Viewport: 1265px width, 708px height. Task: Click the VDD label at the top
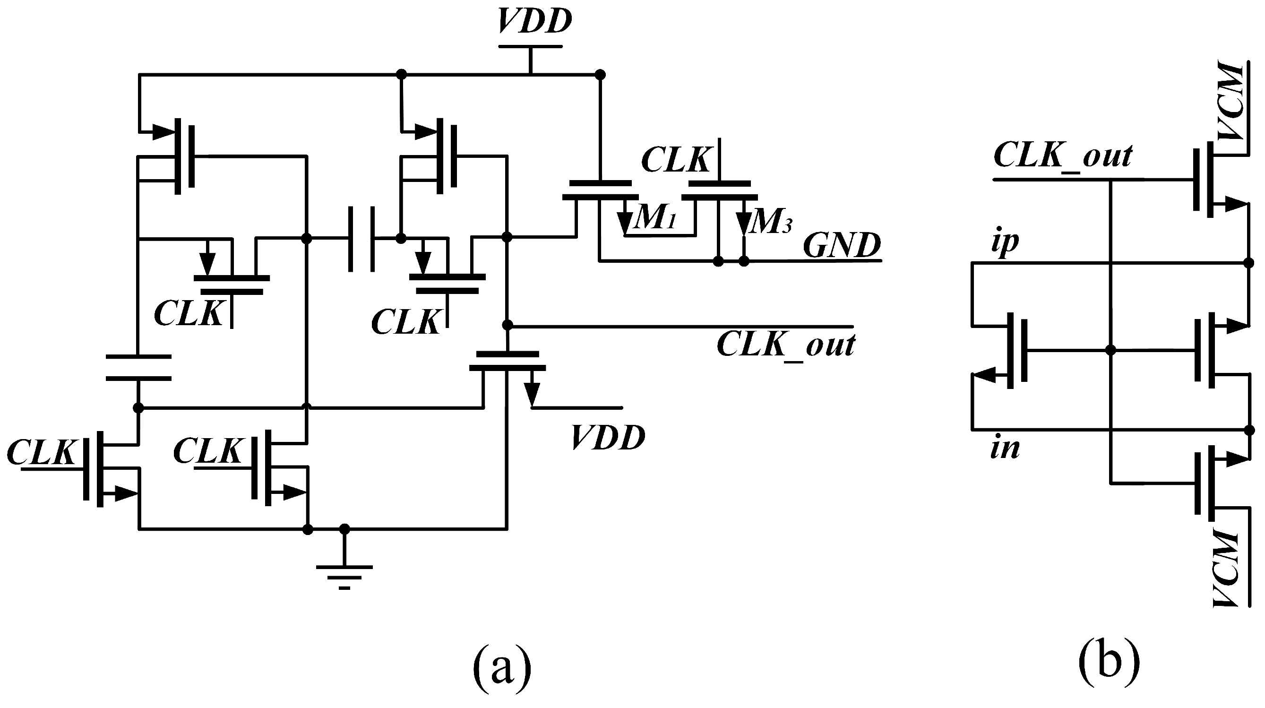pos(534,22)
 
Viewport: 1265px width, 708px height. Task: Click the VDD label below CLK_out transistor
pos(608,438)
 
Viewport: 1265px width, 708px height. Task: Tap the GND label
pos(841,246)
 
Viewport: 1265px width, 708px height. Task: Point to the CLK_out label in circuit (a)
pos(786,345)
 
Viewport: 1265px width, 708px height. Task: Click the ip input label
pos(1005,242)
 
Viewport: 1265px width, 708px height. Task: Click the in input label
pos(1005,449)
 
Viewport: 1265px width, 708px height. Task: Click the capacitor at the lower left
pos(138,368)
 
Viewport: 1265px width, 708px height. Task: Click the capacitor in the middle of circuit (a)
pos(362,239)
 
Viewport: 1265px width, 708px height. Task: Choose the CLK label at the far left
pos(42,452)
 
